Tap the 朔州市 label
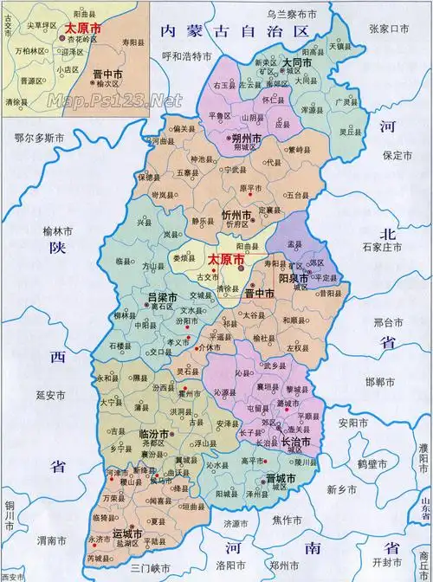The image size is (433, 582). (223, 138)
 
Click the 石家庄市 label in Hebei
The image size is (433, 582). (385, 249)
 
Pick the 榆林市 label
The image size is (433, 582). (58, 229)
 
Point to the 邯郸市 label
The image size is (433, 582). (378, 381)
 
